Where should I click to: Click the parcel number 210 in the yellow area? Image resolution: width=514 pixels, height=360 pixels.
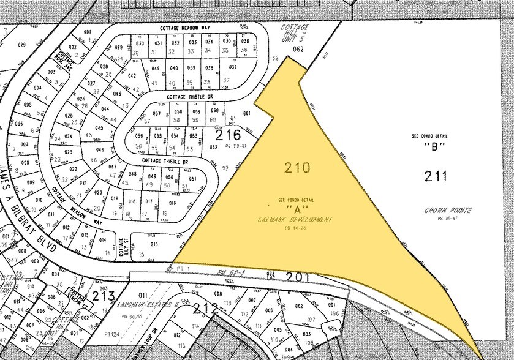(298, 168)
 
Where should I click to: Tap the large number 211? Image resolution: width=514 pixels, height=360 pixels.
(436, 177)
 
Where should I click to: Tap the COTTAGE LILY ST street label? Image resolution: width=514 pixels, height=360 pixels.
(122, 247)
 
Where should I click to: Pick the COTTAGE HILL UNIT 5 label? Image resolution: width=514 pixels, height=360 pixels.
(295, 34)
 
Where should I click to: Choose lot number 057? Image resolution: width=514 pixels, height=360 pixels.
(157, 114)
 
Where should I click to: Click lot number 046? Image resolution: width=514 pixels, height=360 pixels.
(100, 149)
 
